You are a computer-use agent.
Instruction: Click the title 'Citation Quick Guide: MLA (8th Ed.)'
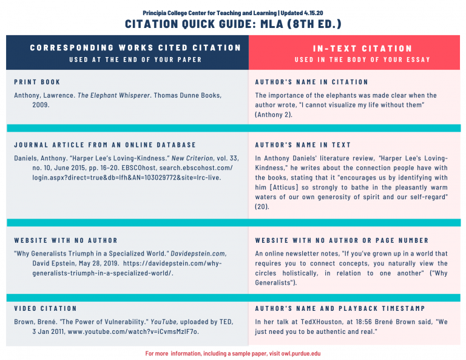[233, 24]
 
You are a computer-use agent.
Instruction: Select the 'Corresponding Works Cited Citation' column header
[135, 47]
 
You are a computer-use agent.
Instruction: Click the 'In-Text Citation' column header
[362, 49]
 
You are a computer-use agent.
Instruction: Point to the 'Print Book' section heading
[37, 82]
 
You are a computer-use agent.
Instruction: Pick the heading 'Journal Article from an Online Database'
[105, 145]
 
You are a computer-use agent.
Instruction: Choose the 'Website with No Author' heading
[66, 240]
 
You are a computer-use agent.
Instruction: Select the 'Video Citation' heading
[46, 308]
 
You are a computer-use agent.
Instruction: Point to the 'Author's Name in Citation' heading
[311, 82]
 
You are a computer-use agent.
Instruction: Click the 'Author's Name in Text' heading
[303, 145]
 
